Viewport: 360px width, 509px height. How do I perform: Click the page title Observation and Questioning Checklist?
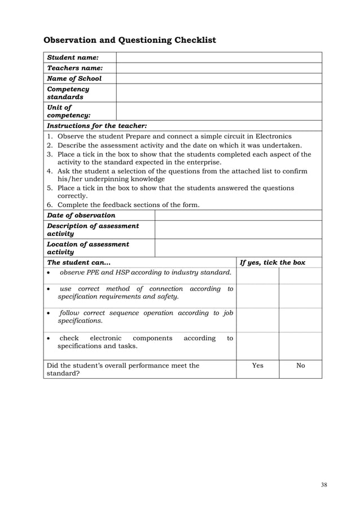click(130, 40)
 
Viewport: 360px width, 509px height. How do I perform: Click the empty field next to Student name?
click(218, 58)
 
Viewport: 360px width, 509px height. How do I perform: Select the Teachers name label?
click(74, 68)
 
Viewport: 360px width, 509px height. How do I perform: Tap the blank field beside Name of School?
click(218, 79)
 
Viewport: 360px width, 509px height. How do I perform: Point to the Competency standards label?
click(68, 93)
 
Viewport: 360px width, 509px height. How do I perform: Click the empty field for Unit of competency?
click(218, 111)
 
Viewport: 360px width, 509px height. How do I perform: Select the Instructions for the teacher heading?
click(96, 126)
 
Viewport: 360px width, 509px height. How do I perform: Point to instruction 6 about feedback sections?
click(129, 205)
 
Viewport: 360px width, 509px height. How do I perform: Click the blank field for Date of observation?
click(238, 215)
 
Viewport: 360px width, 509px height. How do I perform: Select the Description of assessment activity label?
click(93, 230)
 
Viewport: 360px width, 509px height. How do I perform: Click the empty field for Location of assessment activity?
click(238, 248)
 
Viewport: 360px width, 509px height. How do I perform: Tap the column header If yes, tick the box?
click(273, 262)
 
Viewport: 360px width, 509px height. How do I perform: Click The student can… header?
click(79, 262)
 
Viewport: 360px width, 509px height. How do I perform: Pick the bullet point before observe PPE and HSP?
click(50, 273)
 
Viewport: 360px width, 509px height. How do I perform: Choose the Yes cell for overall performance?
click(257, 366)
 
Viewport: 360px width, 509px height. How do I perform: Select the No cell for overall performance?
click(300, 366)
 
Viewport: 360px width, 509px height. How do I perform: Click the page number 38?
click(323, 485)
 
